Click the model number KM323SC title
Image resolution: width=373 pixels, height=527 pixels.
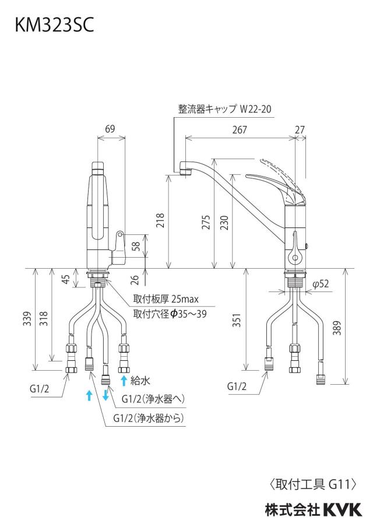(x=54, y=25)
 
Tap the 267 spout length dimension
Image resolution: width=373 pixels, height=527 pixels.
(x=240, y=129)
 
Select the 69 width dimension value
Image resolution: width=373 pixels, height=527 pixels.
(x=110, y=128)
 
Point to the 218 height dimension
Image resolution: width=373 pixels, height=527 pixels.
(x=161, y=220)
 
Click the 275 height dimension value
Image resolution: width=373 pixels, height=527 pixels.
(x=206, y=222)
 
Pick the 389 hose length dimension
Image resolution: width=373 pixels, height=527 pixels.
(x=337, y=328)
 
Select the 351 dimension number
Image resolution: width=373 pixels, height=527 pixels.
(x=237, y=320)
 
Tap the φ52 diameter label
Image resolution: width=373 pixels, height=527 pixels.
(x=320, y=284)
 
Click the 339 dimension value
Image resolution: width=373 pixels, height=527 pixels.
(x=28, y=319)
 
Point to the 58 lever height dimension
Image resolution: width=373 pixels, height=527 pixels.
(x=136, y=245)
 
